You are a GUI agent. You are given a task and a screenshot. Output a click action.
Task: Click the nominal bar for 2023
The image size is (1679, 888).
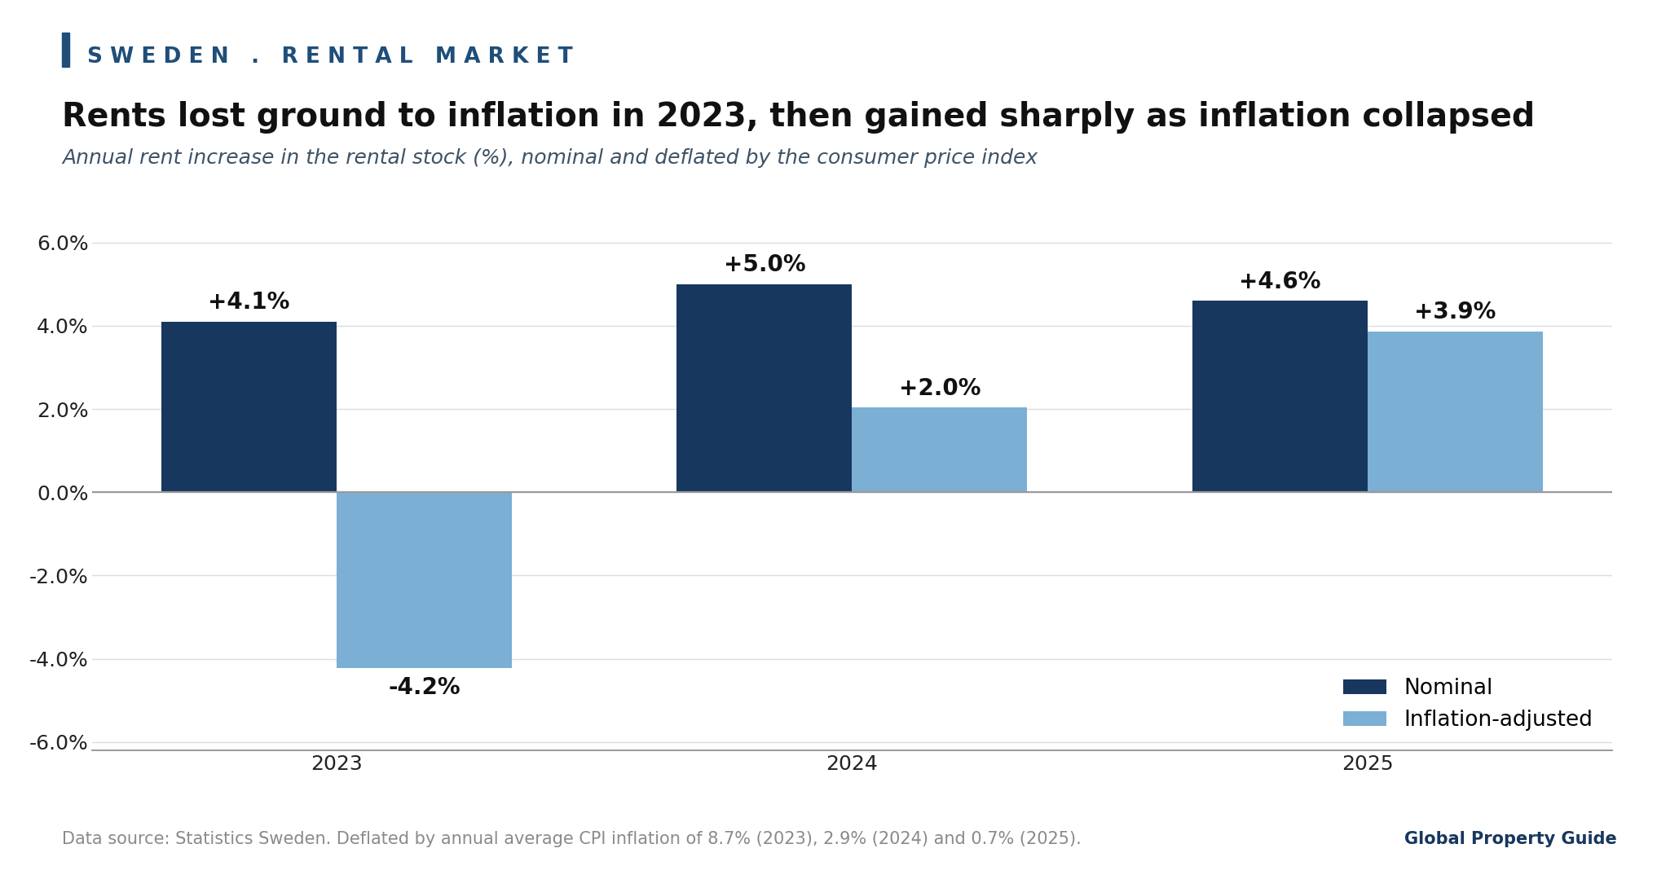[x=249, y=407]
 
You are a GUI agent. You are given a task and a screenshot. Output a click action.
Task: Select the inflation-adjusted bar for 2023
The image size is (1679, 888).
[x=424, y=580]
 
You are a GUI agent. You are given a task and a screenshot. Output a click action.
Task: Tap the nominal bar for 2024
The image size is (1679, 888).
[x=764, y=388]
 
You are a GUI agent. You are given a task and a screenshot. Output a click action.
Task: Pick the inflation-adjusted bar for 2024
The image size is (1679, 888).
[x=939, y=450]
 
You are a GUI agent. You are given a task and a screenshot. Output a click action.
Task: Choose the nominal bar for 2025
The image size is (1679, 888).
[x=1280, y=396]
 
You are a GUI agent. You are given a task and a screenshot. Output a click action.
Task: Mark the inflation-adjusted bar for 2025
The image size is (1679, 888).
[x=1455, y=411]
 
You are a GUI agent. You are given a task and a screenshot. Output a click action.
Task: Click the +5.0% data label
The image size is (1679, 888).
[x=765, y=265]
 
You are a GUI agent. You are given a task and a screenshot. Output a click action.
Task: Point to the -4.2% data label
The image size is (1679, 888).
[x=424, y=688]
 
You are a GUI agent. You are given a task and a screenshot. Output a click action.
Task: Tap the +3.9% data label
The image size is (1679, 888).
[x=1455, y=312]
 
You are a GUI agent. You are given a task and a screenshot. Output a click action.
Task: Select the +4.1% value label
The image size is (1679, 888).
[x=249, y=302]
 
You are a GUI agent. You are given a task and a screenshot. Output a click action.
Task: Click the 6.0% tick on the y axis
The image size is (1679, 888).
[x=63, y=244]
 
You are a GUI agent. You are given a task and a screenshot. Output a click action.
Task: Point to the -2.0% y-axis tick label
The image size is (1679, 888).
[x=59, y=577]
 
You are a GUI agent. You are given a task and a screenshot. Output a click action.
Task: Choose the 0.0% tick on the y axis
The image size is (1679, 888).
[x=63, y=493]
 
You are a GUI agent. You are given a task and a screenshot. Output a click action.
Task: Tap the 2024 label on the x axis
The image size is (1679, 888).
[x=852, y=764]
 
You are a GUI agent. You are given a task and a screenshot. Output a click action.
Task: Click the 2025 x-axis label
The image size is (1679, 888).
[x=1368, y=764]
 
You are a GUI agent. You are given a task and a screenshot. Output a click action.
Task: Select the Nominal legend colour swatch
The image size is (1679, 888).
[x=1364, y=687]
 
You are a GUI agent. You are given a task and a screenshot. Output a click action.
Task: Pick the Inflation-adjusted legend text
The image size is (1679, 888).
[x=1498, y=719]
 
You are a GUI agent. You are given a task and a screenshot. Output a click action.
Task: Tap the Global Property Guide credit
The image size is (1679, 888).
[x=1510, y=839]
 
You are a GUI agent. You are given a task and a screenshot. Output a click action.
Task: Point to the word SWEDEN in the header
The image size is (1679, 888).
[x=158, y=56]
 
